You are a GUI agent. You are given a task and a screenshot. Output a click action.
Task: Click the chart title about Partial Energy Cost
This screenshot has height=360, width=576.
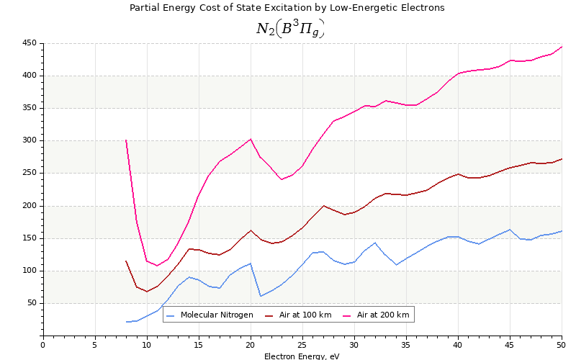tap(287, 8)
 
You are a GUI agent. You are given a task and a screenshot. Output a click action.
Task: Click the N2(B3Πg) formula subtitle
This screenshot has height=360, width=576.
tap(290, 28)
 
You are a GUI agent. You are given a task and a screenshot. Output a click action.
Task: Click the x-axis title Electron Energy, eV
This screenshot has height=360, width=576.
tap(302, 356)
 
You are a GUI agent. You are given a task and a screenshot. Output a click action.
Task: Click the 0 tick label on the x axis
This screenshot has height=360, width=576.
tap(42, 344)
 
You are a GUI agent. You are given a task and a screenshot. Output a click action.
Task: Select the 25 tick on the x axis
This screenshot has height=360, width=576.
tap(302, 344)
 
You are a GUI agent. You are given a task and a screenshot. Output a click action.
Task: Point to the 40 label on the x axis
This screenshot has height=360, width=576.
tap(458, 344)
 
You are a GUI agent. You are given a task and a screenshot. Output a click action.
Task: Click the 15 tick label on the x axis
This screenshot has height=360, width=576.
tap(198, 344)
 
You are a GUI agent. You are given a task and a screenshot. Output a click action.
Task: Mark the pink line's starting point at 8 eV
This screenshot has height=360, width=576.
tap(126, 140)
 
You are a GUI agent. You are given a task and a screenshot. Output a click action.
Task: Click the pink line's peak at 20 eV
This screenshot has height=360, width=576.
tap(251, 139)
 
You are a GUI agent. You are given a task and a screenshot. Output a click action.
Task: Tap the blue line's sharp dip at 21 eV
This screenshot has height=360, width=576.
tap(261, 296)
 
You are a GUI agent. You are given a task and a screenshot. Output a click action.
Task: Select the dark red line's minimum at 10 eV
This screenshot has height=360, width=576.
tap(147, 292)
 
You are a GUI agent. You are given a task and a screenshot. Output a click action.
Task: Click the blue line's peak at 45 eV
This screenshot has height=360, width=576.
tap(510, 230)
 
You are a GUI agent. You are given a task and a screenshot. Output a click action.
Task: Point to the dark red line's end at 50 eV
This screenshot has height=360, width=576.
tap(562, 159)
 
